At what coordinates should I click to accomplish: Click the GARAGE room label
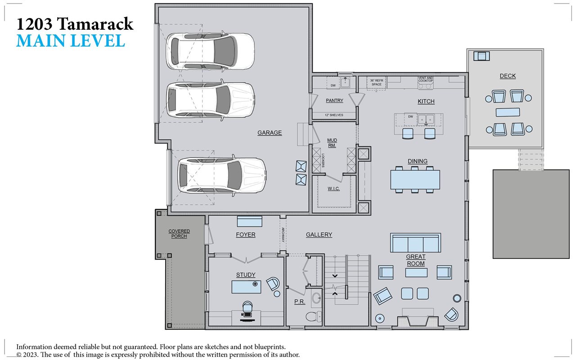tap(270, 133)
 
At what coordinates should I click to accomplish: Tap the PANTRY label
tap(334, 101)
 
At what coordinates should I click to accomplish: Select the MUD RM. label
tap(332, 143)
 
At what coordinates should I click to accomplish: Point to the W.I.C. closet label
tap(333, 189)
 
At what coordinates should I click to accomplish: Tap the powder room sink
tap(316, 297)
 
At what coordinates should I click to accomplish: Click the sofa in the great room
tap(415, 243)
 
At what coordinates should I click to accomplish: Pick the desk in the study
tap(246, 287)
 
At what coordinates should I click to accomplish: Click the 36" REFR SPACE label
tap(376, 82)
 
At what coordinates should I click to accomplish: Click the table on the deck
tap(508, 112)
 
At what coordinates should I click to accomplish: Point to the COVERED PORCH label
tap(179, 234)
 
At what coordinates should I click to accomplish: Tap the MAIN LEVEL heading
tap(71, 41)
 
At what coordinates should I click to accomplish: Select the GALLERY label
tap(319, 235)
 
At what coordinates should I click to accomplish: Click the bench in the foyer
tap(249, 221)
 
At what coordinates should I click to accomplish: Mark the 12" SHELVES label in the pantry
tap(333, 115)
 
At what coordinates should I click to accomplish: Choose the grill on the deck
tap(481, 56)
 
